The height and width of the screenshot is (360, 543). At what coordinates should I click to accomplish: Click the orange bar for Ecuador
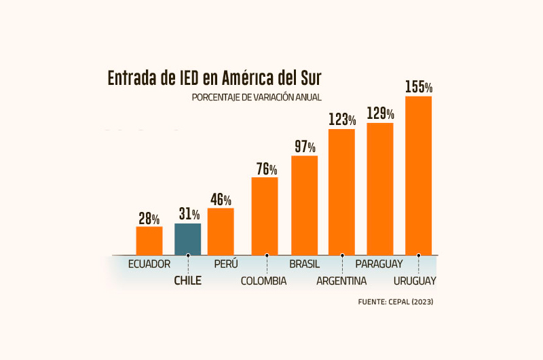click(149, 240)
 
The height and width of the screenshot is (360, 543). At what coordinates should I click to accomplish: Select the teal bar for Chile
click(187, 239)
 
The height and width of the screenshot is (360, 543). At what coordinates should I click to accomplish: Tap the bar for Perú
click(221, 232)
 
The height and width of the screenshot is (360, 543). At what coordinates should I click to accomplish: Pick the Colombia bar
click(265, 216)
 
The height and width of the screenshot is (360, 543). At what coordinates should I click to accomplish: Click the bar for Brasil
click(305, 205)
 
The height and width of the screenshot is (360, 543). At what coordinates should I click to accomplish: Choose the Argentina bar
click(342, 192)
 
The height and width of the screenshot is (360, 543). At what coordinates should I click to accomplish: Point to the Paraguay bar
click(380, 189)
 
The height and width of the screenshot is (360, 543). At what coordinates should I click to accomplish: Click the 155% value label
click(419, 87)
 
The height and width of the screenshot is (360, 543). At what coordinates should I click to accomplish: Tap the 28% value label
click(149, 219)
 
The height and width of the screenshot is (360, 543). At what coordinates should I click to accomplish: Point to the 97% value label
click(305, 147)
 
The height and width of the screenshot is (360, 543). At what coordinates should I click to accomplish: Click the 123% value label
click(343, 120)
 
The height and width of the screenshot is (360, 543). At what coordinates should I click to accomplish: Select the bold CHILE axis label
click(188, 281)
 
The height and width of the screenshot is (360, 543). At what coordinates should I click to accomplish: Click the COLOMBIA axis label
click(263, 281)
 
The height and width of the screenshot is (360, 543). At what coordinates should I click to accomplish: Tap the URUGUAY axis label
click(415, 281)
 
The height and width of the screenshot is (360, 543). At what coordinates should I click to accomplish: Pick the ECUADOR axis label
click(149, 264)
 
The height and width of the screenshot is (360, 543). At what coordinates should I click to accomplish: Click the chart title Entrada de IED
click(214, 78)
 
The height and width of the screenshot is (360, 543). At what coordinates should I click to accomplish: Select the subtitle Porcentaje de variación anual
click(257, 98)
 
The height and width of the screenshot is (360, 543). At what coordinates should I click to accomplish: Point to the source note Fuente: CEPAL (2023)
click(395, 301)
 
